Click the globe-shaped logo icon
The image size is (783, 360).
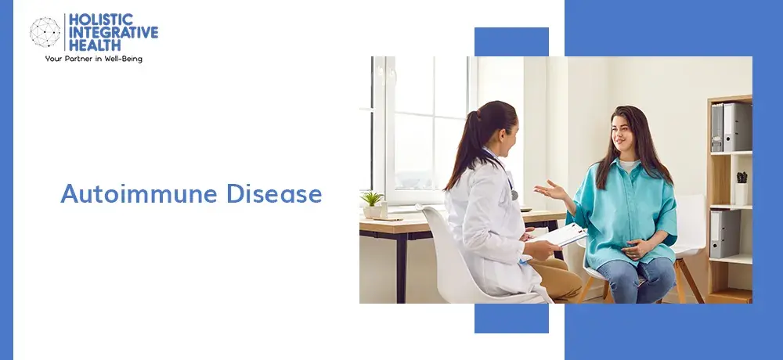tap(45, 32)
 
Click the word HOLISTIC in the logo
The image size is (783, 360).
tap(101, 20)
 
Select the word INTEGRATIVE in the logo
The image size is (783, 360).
tap(114, 32)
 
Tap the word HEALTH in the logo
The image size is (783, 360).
tap(95, 45)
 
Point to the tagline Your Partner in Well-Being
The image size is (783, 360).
tap(93, 59)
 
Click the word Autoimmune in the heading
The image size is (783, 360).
tap(139, 194)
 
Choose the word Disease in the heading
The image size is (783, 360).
tap(274, 194)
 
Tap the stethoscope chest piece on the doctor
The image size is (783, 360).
tap(514, 195)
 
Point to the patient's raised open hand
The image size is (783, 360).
tap(550, 190)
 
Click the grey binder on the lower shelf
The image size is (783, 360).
tap(724, 234)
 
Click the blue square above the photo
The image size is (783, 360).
tap(511, 42)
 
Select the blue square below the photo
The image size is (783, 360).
tap(511, 318)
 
